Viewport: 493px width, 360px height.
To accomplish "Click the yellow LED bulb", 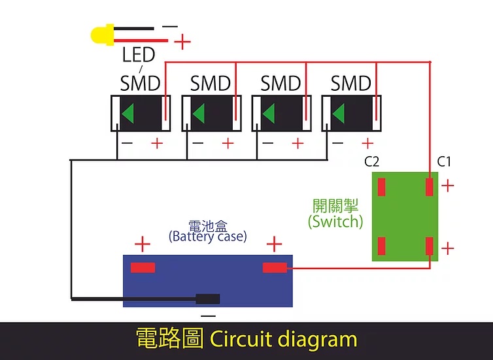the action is point(102,35).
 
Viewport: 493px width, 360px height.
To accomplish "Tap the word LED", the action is point(139,55).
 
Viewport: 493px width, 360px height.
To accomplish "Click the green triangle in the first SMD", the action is point(128,113).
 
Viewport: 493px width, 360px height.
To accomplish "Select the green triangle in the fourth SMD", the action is point(339,113).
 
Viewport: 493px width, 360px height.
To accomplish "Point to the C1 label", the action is point(444,161).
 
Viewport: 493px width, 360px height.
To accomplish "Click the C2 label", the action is point(371,161).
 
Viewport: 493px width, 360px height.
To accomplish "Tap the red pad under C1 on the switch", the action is point(429,187).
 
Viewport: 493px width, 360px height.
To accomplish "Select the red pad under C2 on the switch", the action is point(381,187).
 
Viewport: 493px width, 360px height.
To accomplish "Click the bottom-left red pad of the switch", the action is point(381,246).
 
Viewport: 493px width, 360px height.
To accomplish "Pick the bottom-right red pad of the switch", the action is point(429,246).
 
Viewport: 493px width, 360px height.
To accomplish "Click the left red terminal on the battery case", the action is point(143,268).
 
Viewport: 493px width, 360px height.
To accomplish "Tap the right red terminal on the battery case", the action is point(275,268).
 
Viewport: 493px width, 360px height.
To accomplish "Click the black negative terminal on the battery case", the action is point(207,299).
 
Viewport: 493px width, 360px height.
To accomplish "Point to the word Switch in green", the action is point(335,221).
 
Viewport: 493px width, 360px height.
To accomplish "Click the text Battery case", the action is point(207,237).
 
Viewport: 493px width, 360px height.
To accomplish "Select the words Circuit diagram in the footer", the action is point(283,339).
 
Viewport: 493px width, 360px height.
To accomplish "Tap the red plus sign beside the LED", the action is point(182,41).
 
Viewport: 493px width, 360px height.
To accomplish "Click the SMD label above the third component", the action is point(280,83).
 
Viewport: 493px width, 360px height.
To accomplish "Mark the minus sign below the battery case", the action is point(208,316).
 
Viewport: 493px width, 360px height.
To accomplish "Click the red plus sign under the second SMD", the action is point(228,144).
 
